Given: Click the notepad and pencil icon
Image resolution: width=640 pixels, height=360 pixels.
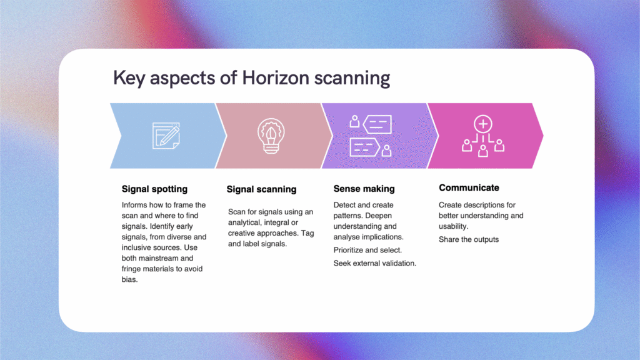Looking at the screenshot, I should [x=166, y=136].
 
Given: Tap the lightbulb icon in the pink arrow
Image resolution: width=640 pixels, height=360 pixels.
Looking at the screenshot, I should [x=271, y=136].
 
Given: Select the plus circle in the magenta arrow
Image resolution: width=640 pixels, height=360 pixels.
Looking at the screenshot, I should [x=482, y=124].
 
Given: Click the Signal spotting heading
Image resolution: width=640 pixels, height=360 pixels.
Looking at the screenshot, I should [x=154, y=188].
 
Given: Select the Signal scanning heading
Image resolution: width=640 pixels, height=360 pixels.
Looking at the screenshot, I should [x=261, y=189].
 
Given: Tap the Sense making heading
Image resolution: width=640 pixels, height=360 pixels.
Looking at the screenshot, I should [x=364, y=188].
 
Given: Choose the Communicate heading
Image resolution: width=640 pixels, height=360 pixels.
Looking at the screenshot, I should [x=469, y=187].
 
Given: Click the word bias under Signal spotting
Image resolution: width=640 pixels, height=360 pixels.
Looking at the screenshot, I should [x=130, y=280].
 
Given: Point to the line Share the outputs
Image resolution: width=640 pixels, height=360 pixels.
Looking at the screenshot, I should [x=469, y=239].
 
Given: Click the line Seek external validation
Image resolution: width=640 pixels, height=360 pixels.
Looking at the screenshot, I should [x=375, y=263].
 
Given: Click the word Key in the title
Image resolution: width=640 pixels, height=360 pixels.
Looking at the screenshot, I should [x=127, y=79].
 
